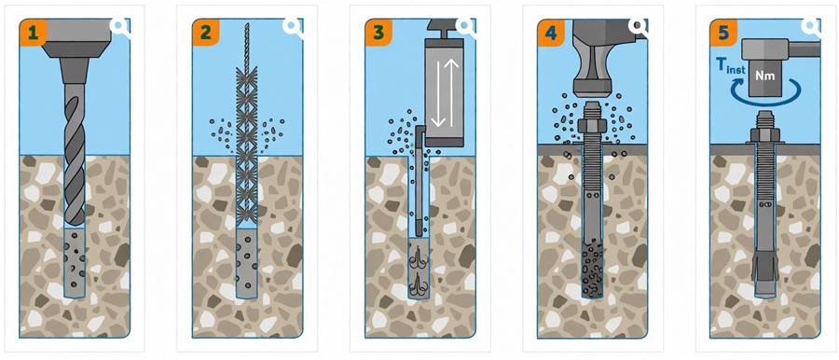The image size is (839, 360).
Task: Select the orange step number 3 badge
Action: (378, 32)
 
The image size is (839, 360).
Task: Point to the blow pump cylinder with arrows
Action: (443, 91)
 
